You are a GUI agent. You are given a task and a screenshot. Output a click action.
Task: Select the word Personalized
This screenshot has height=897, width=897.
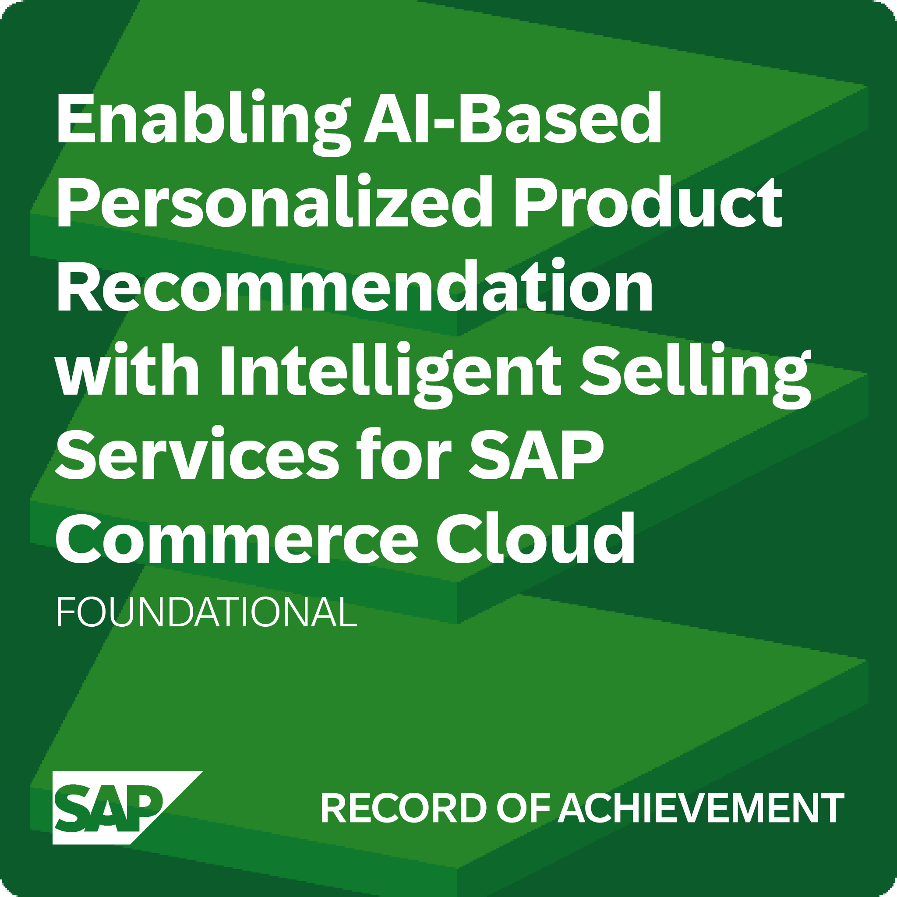click(x=274, y=202)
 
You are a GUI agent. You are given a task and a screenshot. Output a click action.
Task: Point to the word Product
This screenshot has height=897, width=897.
click(x=648, y=202)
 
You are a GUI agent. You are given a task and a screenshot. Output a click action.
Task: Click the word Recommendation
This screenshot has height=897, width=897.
click(x=355, y=286)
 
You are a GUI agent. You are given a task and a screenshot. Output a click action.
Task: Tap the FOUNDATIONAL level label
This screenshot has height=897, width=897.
click(x=206, y=612)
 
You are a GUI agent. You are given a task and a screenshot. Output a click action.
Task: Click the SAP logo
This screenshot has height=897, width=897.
click(x=116, y=808)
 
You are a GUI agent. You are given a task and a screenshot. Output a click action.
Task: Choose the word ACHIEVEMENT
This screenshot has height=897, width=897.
click(x=701, y=809)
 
